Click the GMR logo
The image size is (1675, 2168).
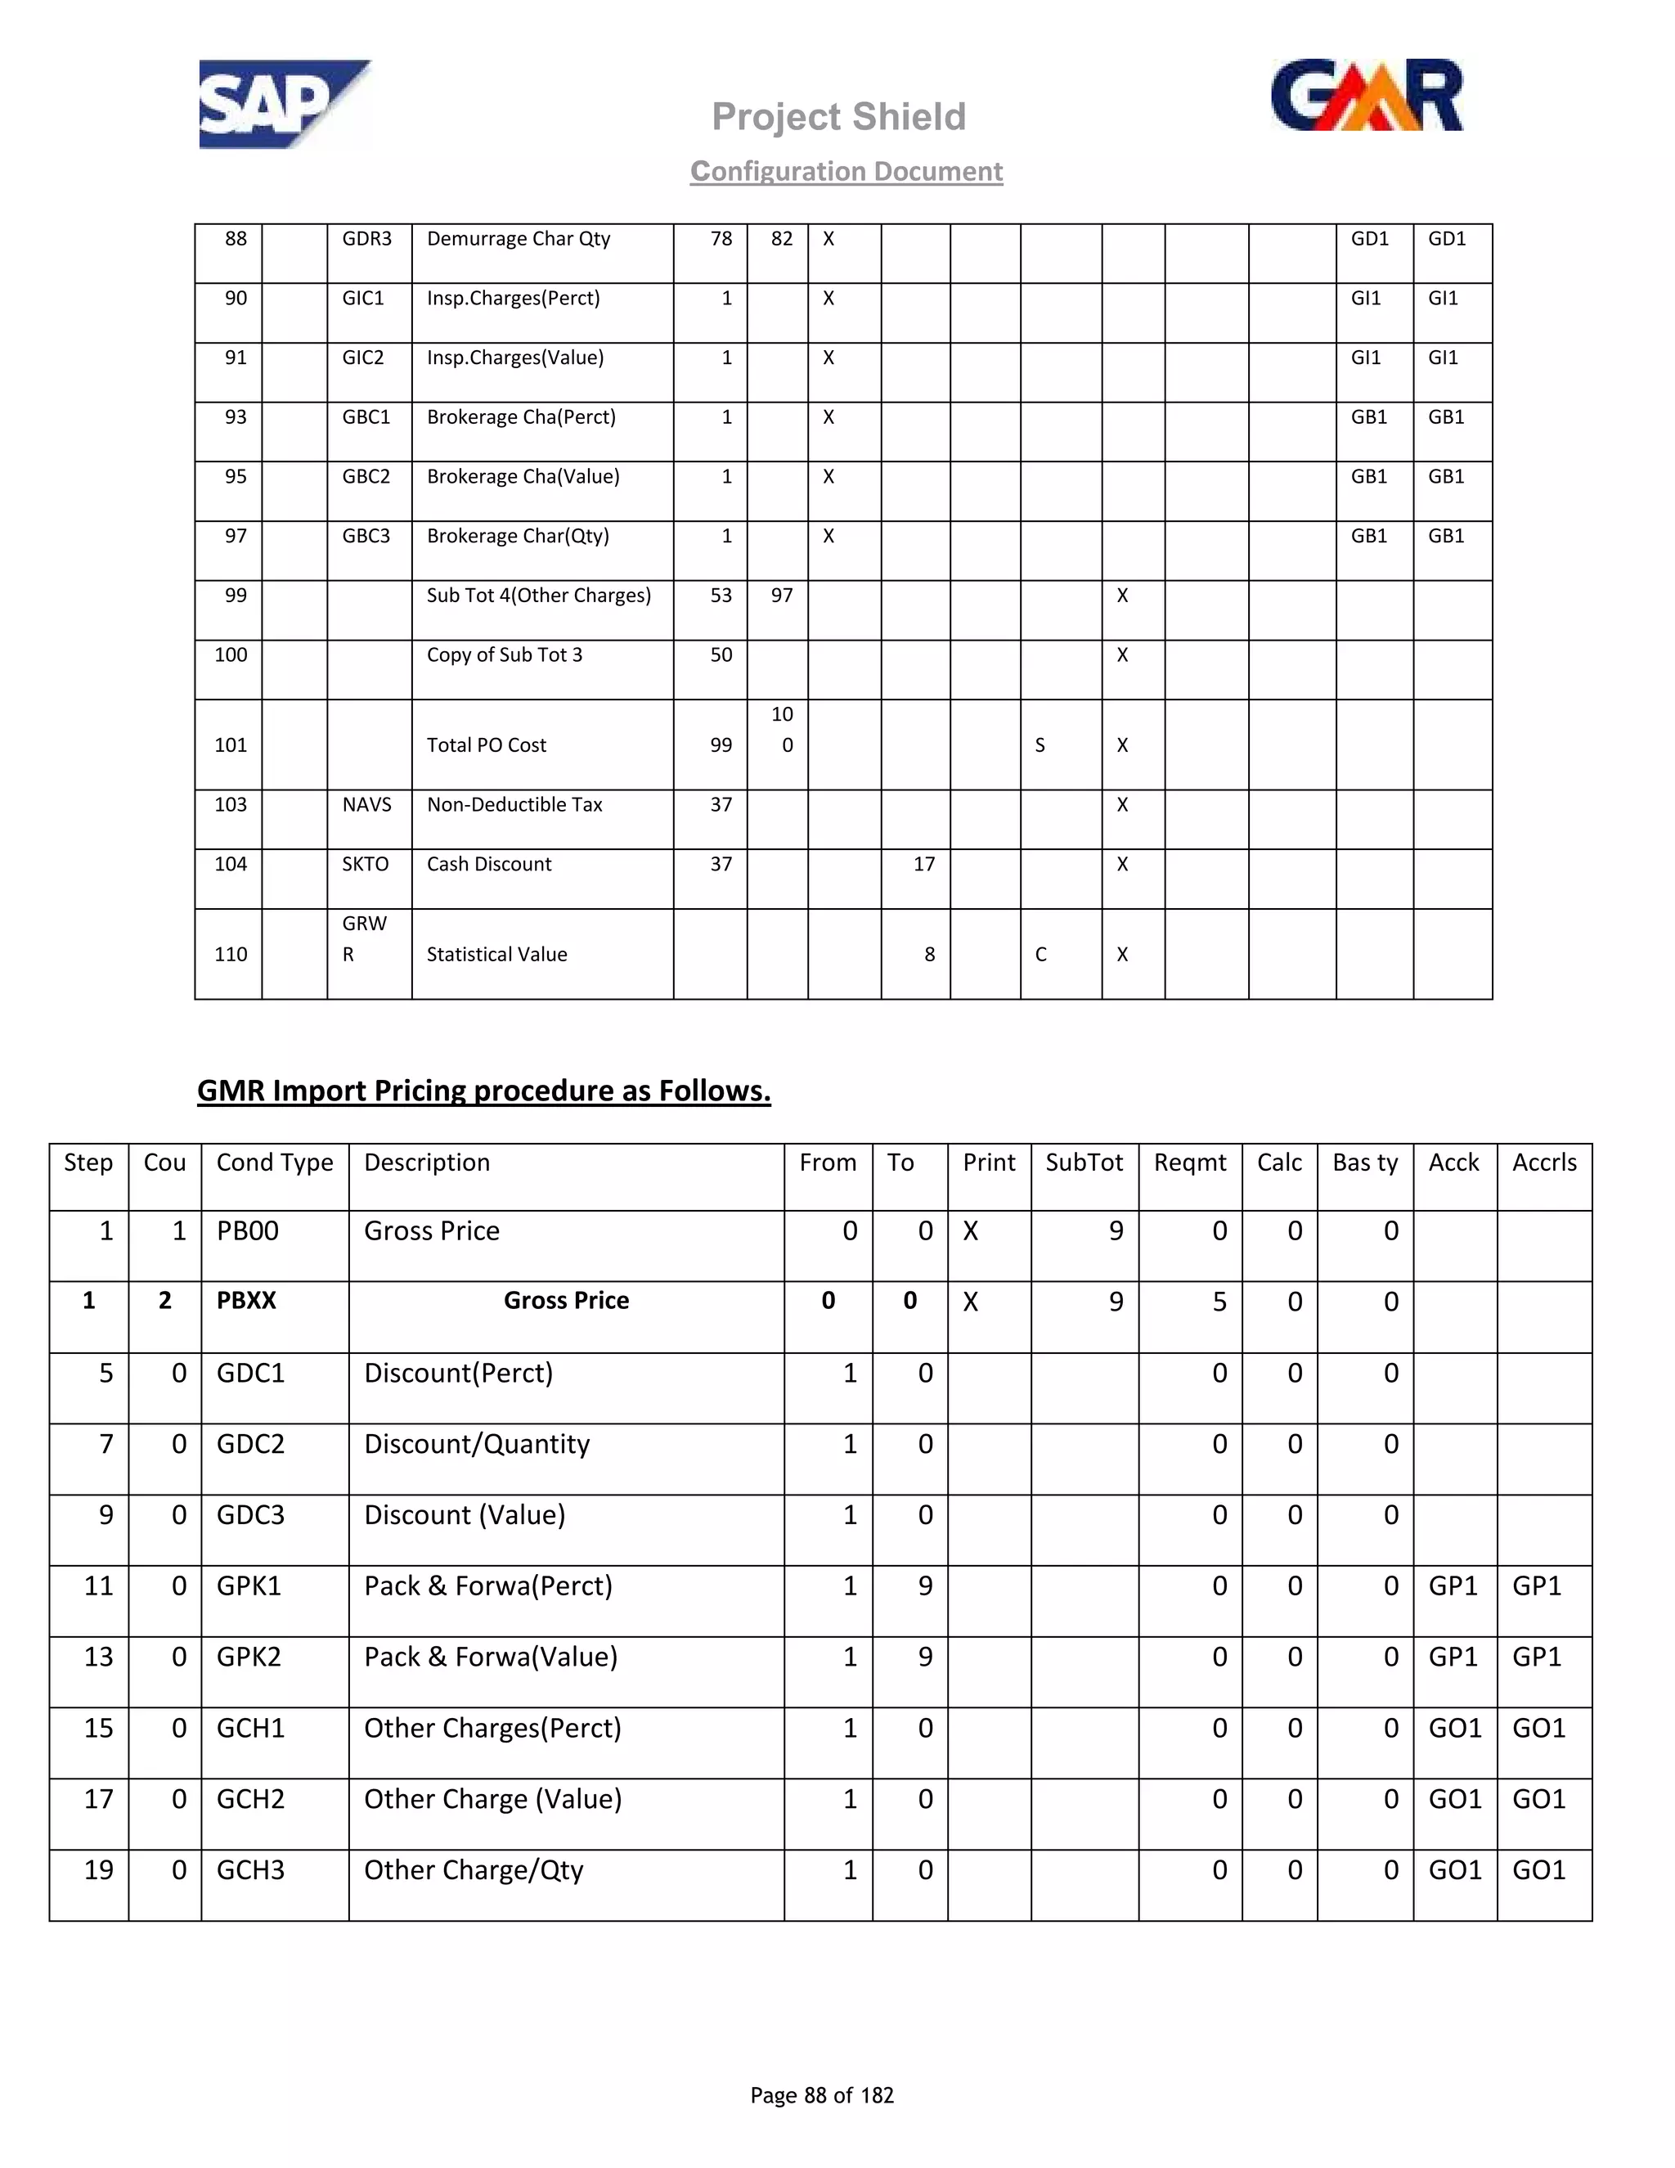(x=1367, y=97)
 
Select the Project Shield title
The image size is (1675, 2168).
(x=838, y=117)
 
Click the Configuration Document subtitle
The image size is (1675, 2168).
(x=846, y=172)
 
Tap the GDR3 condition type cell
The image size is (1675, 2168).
(x=367, y=239)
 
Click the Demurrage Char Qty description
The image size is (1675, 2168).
(x=518, y=239)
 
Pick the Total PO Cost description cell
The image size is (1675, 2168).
(x=487, y=745)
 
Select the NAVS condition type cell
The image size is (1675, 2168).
(x=366, y=805)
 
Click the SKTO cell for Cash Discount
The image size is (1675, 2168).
(x=365, y=865)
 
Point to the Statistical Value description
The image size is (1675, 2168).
(x=496, y=955)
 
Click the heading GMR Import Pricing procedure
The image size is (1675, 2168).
(x=483, y=1091)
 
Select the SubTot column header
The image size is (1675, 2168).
(x=1084, y=1163)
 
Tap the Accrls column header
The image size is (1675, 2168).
(x=1544, y=1163)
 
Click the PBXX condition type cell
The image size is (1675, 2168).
(x=246, y=1301)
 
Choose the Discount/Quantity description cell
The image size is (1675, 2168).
(x=476, y=1444)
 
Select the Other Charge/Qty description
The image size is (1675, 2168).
(x=474, y=1870)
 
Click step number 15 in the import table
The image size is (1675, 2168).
(x=98, y=1728)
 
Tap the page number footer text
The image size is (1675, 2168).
(x=822, y=2095)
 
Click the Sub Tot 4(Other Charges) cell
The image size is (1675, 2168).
(x=539, y=596)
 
